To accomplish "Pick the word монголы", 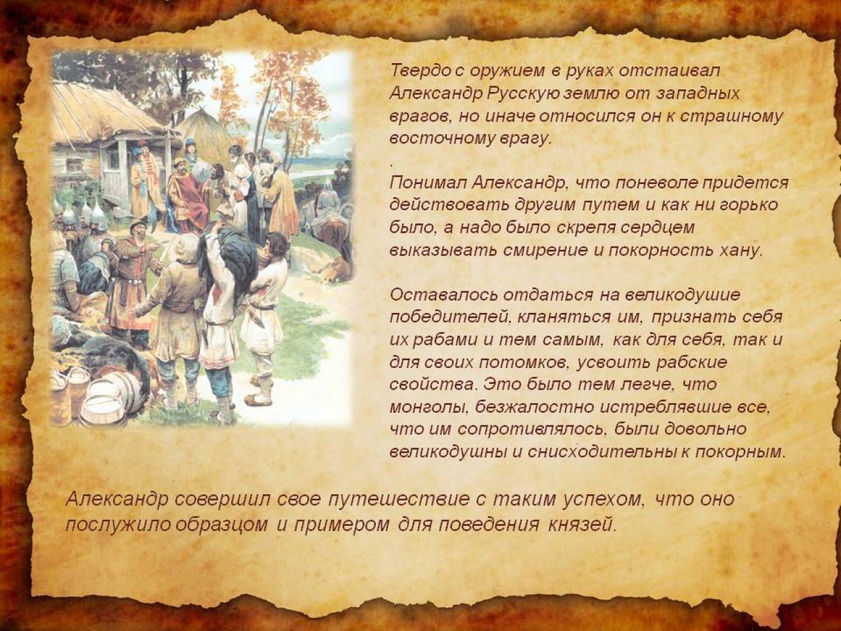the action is point(429,407).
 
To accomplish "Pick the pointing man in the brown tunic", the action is point(130,280).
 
